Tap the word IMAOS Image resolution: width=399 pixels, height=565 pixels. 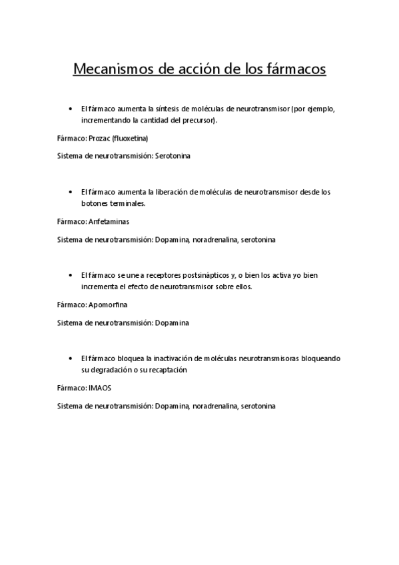tap(99, 387)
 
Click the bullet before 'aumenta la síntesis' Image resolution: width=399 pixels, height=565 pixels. tap(71, 108)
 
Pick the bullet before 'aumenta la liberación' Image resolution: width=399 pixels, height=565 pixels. tap(71, 191)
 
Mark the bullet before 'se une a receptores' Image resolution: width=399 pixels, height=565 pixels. tap(71, 275)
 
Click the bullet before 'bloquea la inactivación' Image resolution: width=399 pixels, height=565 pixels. tap(71, 358)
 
